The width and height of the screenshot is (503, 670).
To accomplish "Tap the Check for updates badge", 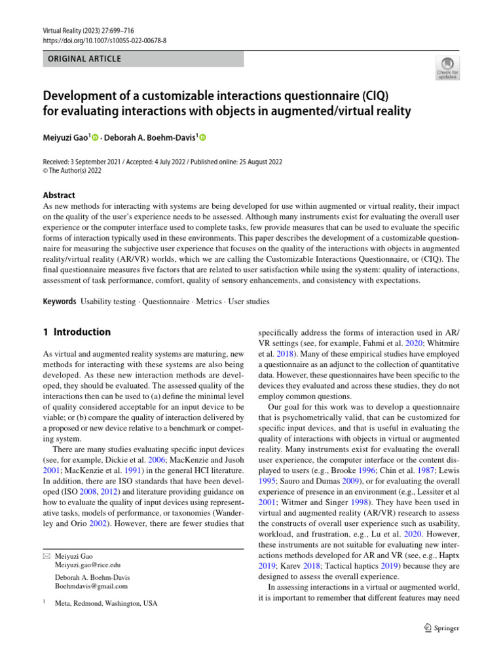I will [448, 69].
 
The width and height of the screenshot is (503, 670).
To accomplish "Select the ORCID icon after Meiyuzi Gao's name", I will [95, 137].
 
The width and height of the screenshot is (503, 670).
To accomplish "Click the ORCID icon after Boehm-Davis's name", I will [202, 137].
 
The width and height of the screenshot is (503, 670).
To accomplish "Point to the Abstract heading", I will [58, 195].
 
